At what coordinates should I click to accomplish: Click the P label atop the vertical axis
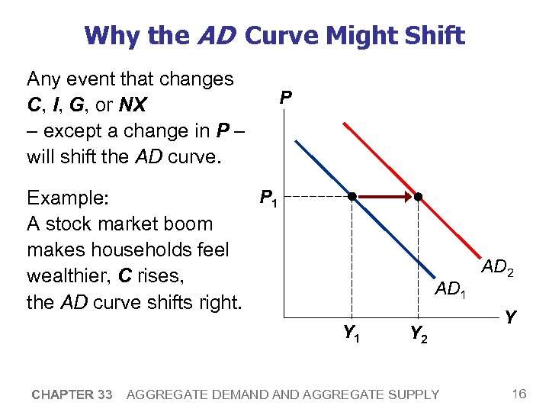[x=284, y=98]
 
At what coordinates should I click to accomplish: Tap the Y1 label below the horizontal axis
[x=352, y=333]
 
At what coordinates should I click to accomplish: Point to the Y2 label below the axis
[x=418, y=333]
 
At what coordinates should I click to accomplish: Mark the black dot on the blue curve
[x=352, y=197]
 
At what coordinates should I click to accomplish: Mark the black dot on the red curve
[x=418, y=197]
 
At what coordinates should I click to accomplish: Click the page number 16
[x=519, y=394]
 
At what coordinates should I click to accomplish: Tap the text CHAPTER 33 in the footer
[x=72, y=394]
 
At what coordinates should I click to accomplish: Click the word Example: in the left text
[x=69, y=198]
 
